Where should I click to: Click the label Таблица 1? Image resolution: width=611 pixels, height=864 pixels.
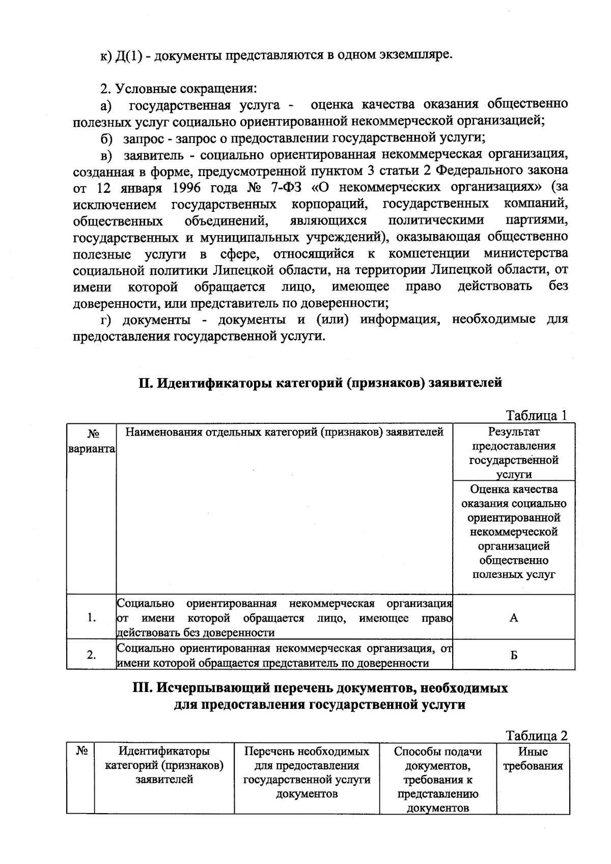coord(536,415)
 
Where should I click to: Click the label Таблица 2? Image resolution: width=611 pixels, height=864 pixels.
coord(536,736)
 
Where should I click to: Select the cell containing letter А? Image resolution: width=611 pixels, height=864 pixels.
coord(514,618)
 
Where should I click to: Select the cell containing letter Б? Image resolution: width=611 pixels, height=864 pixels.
coord(514,655)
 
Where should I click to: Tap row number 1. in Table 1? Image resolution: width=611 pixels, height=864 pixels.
coord(92,618)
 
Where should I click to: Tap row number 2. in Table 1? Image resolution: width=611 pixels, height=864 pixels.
coord(92,655)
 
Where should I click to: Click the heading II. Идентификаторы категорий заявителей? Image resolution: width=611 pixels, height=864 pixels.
coord(321,383)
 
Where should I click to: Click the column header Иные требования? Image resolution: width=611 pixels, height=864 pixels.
coord(533,759)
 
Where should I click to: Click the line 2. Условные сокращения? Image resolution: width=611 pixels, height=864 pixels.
coord(178,89)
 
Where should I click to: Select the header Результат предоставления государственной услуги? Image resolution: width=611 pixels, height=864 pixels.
coord(514,453)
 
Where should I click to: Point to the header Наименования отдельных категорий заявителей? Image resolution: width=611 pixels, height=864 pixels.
coord(284,433)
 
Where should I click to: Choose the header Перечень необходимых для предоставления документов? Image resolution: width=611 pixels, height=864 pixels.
coord(307,772)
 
